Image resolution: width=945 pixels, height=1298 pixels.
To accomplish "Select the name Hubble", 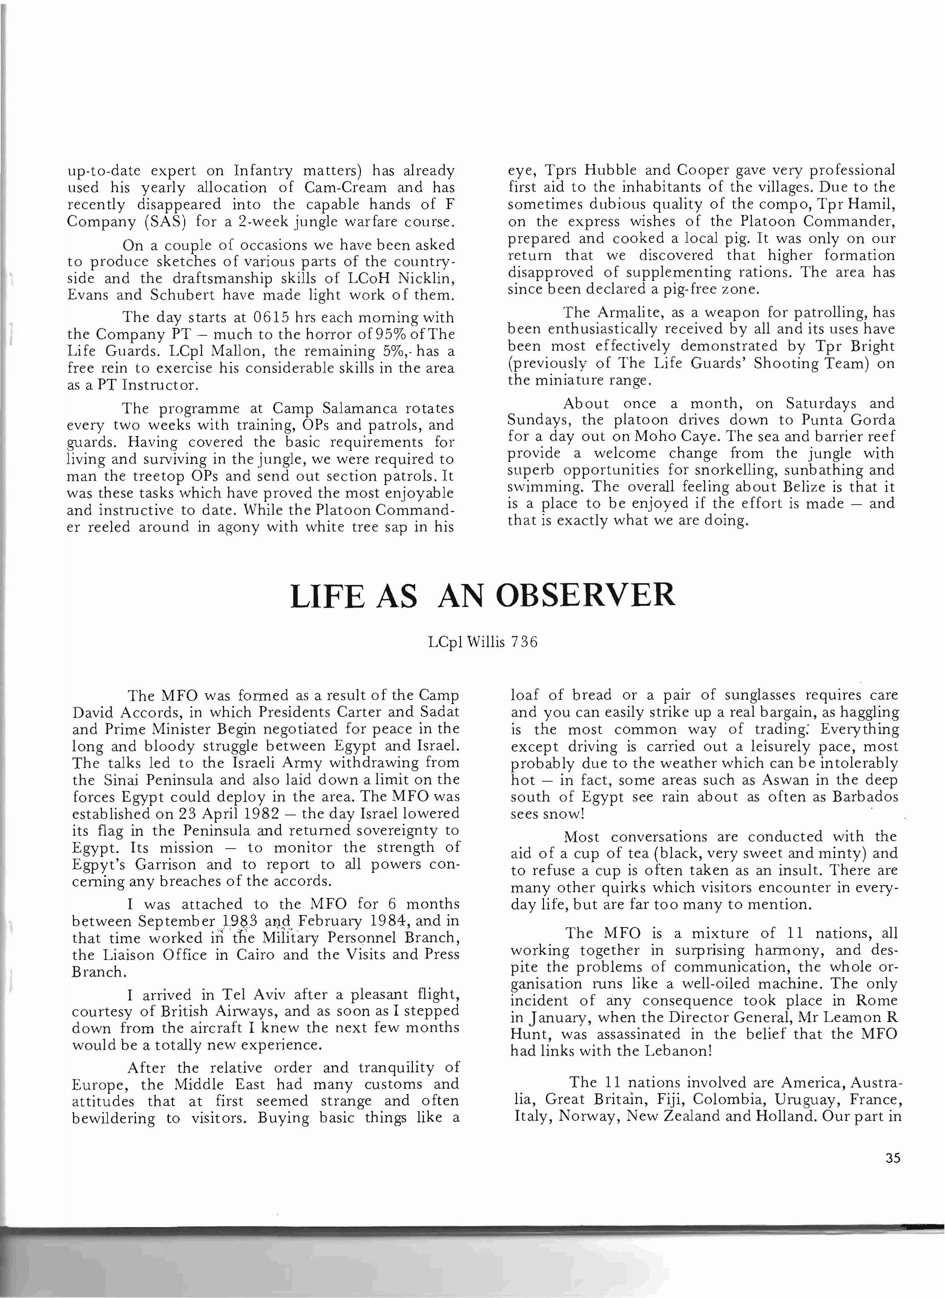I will [x=612, y=170].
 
